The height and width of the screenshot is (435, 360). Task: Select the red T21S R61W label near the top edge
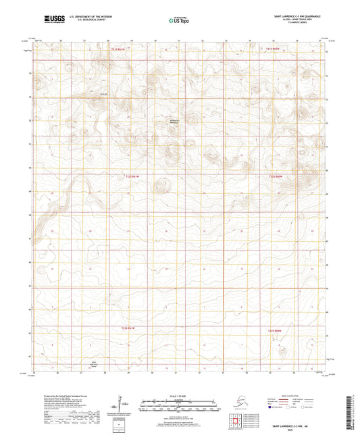[x=119, y=48]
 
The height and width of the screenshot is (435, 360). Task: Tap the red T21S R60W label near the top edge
[x=272, y=48]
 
